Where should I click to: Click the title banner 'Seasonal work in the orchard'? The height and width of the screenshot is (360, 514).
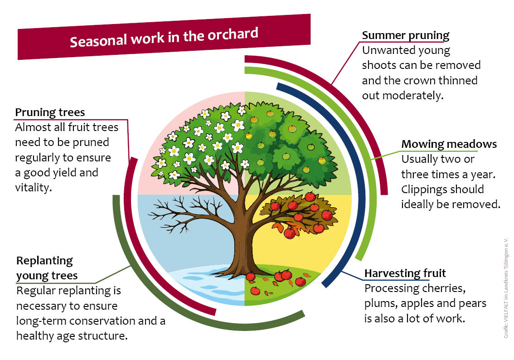tap(164, 37)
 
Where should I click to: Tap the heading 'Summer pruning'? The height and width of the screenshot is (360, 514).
tap(406, 35)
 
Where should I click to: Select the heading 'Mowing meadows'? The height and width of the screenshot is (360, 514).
tap(449, 144)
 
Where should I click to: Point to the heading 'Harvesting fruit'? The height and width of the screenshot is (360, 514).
tap(405, 273)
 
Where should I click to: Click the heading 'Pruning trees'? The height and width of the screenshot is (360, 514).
tap(50, 112)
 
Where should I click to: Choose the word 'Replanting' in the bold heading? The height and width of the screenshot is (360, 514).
tap(44, 261)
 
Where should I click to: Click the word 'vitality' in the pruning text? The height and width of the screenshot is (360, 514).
tap(32, 188)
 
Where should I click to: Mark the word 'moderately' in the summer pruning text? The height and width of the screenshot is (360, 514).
tap(413, 95)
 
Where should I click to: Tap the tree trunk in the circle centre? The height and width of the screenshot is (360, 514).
tap(242, 243)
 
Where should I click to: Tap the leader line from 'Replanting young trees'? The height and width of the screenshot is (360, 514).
tap(113, 275)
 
